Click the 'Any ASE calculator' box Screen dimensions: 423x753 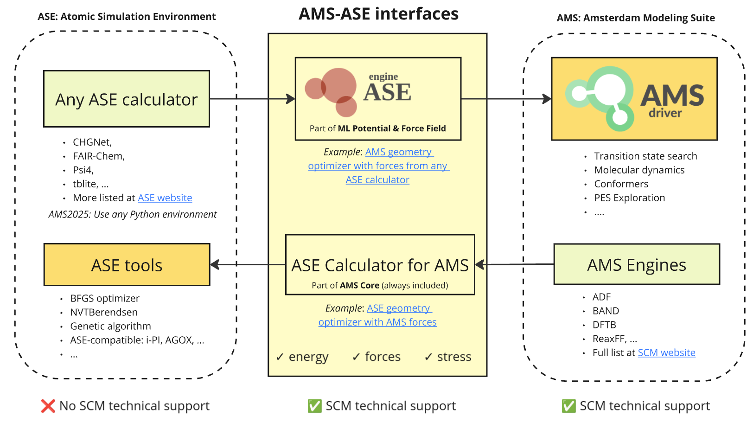click(x=126, y=99)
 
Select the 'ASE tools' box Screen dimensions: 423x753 click(x=127, y=265)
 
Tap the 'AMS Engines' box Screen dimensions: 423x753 click(x=636, y=264)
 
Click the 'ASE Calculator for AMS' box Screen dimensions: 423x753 click(x=380, y=265)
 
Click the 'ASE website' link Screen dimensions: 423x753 click(x=165, y=198)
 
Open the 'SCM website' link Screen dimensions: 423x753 click(x=666, y=353)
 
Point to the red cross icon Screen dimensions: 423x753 click(x=48, y=406)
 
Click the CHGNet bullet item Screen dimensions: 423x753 click(x=92, y=142)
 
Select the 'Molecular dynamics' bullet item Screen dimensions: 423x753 click(x=639, y=170)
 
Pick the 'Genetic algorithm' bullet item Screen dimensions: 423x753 click(x=110, y=327)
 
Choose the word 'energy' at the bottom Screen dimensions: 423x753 click(x=308, y=357)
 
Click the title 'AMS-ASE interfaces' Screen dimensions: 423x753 click(x=378, y=14)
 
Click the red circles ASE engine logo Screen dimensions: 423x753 click(x=332, y=92)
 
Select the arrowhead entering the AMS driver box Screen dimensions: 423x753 click(x=547, y=99)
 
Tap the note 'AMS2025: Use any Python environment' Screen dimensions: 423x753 click(x=133, y=214)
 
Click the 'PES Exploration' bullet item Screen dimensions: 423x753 click(x=629, y=198)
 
